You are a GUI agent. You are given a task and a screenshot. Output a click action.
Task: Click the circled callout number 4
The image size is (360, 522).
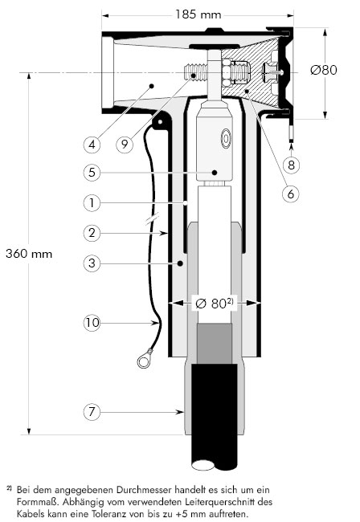tap(92, 144)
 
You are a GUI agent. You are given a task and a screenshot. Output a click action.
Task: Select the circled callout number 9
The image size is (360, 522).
tap(125, 144)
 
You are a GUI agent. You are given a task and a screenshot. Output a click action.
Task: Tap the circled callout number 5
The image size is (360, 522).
tap(92, 173)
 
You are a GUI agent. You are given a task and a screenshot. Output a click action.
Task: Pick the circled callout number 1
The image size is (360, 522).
tap(92, 202)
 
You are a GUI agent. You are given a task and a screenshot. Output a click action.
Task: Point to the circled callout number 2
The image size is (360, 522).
tap(92, 233)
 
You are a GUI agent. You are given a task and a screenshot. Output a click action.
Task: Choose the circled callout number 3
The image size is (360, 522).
tap(92, 263)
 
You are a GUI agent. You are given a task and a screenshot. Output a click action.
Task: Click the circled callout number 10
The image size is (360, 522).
tap(92, 323)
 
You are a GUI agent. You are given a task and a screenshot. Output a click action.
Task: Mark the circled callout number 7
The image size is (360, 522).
tap(92, 412)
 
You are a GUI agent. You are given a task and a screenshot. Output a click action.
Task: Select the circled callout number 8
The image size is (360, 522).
tap(292, 165)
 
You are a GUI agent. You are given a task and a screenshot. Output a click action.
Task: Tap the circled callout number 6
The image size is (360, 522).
tap(291, 194)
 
